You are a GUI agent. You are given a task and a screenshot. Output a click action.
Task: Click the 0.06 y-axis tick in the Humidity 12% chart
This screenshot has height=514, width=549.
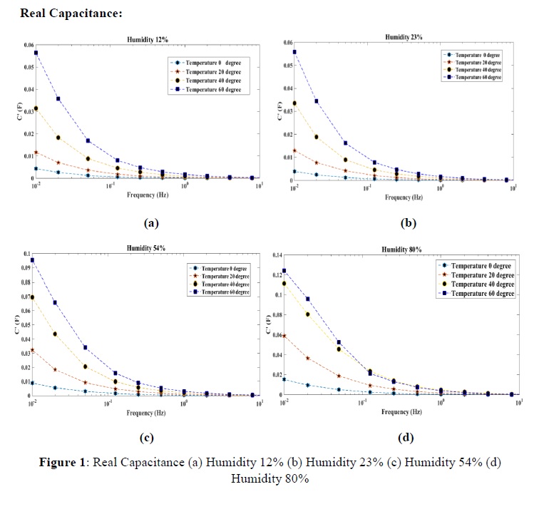(x=28, y=45)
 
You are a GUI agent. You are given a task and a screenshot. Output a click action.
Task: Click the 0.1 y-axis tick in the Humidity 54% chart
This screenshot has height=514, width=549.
(x=26, y=255)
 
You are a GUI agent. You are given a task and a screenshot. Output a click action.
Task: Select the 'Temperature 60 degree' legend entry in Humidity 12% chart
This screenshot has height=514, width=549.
(x=211, y=90)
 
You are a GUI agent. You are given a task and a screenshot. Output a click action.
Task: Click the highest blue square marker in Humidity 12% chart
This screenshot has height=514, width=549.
(x=36, y=53)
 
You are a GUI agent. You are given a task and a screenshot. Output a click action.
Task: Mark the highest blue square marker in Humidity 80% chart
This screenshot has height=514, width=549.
(x=284, y=271)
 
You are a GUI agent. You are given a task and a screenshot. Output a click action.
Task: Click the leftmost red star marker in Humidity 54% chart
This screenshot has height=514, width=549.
(x=33, y=350)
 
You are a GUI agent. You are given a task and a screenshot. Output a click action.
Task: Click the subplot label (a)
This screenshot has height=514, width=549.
(x=150, y=223)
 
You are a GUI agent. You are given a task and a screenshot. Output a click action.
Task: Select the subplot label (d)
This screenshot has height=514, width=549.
(x=407, y=437)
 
